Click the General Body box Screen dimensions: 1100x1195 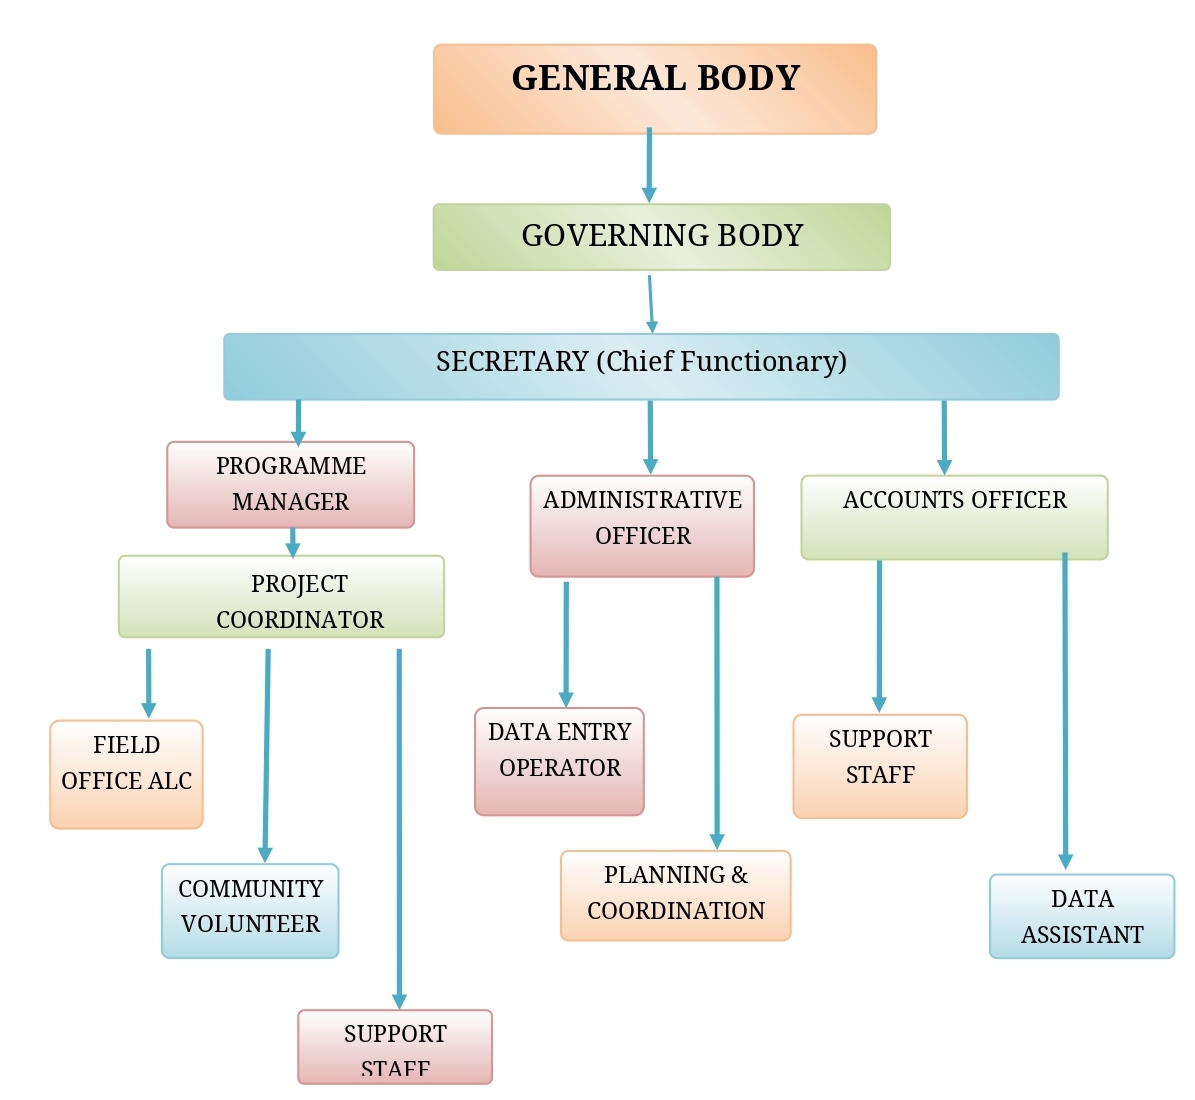coord(655,89)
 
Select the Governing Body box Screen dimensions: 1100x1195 coord(661,237)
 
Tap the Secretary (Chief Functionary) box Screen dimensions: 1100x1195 coord(641,366)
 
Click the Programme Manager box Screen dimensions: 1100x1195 coord(290,485)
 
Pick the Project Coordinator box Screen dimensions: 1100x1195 coord(281,597)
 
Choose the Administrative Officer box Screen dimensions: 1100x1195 coord(642,526)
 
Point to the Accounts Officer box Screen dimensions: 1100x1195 coord(954,517)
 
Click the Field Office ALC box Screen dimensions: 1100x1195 coord(126,774)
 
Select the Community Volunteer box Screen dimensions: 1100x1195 coord(250,911)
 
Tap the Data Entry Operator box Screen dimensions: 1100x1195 coord(559,762)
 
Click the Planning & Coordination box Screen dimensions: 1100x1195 coord(675,896)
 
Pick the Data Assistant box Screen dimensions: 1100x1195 coord(1082,917)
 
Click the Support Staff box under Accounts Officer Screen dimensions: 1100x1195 coord(880,766)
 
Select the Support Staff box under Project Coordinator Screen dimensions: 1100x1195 coord(395,1046)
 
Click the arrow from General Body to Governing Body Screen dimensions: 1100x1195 coord(649,166)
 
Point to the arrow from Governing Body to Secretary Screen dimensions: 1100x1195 coord(651,303)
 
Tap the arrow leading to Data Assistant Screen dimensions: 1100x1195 coord(1065,710)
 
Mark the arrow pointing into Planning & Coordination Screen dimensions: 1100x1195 coord(717,712)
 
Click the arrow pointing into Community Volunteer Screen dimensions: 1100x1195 coord(267,755)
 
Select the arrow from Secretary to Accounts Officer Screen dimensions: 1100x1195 coord(944,437)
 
